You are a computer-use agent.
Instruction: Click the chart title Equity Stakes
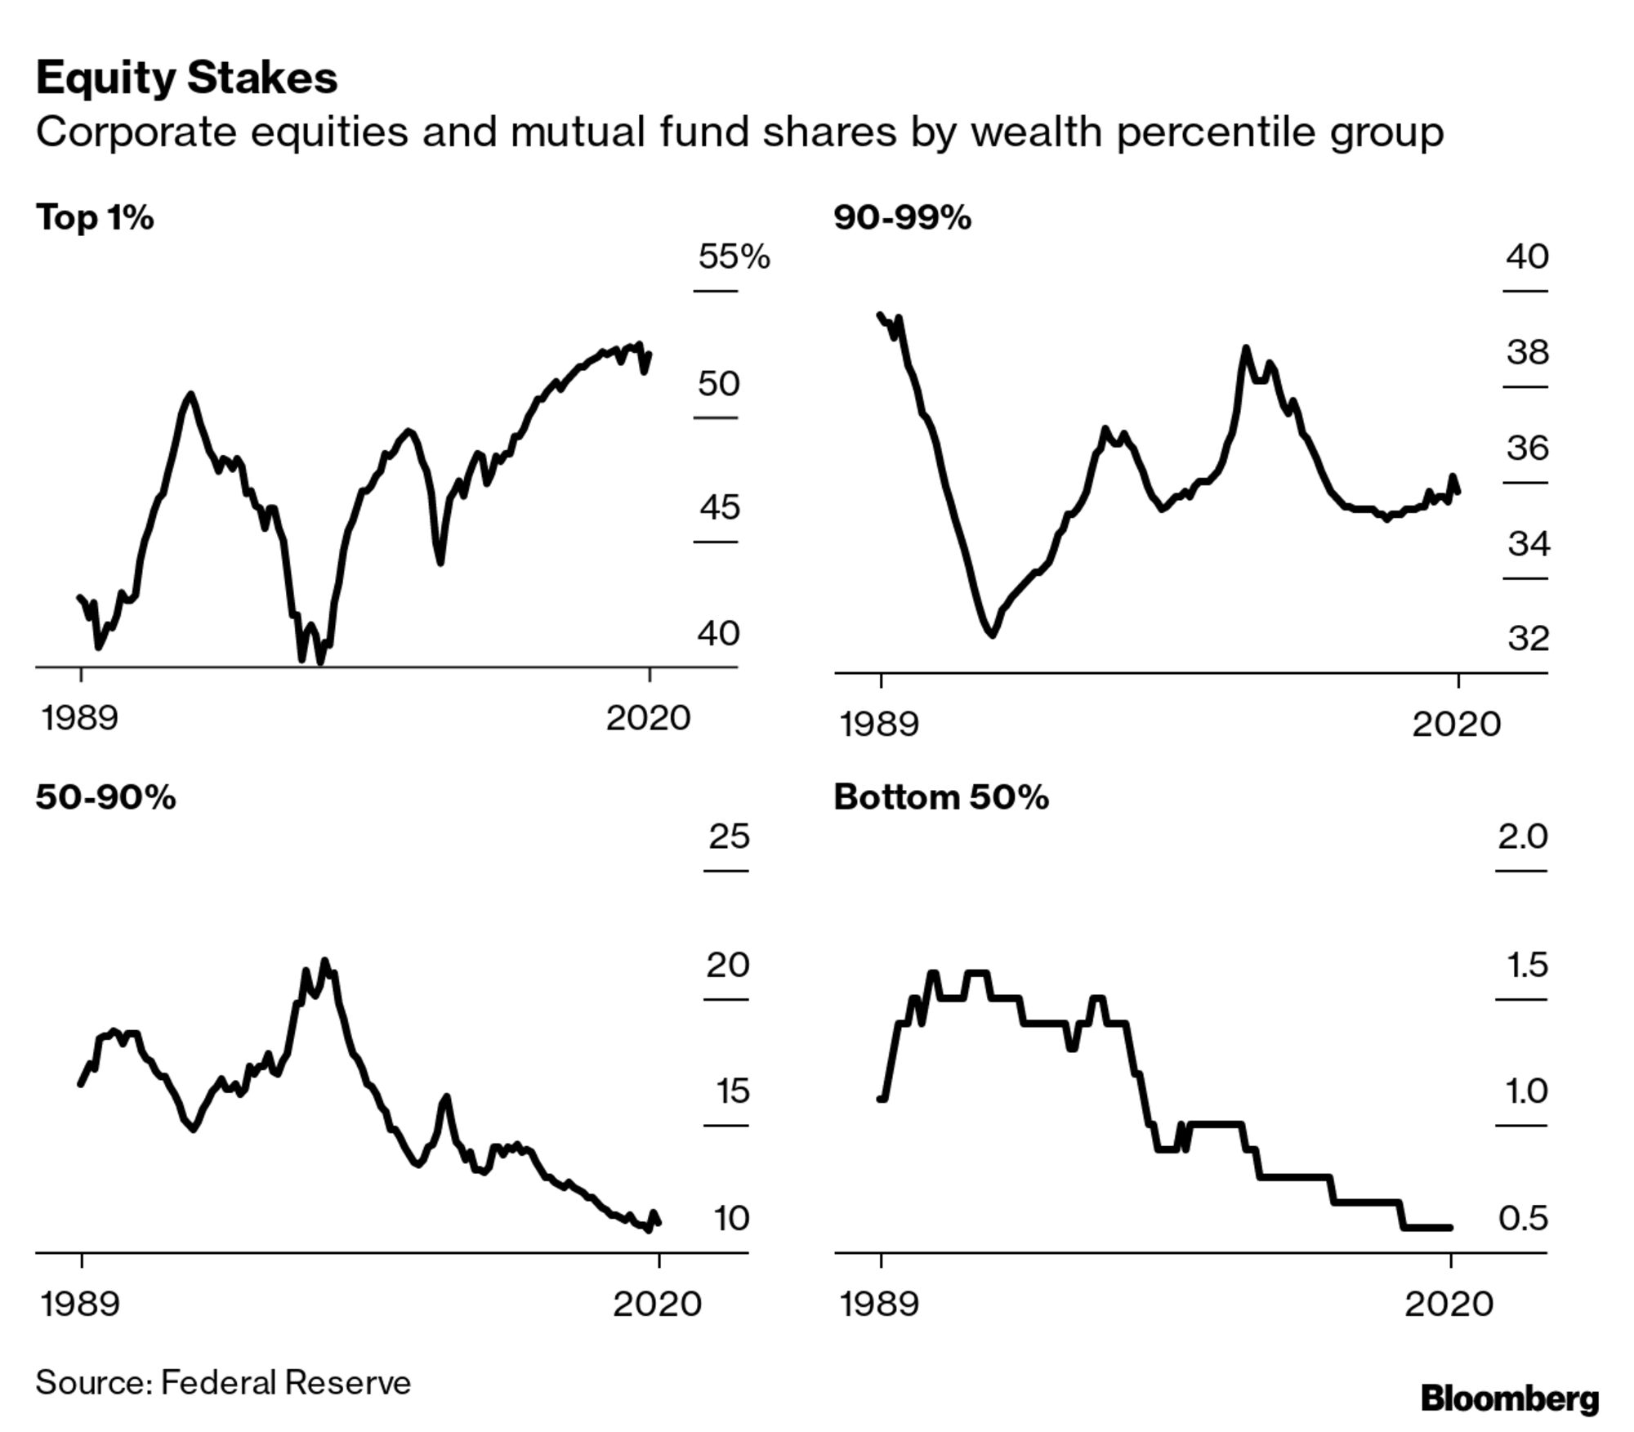(x=186, y=79)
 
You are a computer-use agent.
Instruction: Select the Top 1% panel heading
(x=95, y=218)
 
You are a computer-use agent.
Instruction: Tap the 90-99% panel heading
(x=902, y=218)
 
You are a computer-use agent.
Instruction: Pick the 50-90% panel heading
(x=105, y=797)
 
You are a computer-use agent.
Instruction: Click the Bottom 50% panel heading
(x=940, y=797)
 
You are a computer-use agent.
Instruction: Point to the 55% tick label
(x=733, y=257)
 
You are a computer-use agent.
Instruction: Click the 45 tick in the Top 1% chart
(x=718, y=508)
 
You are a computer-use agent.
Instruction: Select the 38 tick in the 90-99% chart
(x=1527, y=353)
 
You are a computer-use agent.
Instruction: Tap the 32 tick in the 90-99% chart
(x=1528, y=639)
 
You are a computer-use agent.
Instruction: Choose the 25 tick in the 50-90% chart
(x=728, y=836)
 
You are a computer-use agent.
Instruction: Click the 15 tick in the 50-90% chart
(x=732, y=1091)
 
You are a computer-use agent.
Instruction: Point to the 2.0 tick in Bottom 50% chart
(x=1522, y=836)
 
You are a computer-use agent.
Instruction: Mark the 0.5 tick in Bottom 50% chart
(x=1523, y=1219)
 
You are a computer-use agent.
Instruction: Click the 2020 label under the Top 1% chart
(x=648, y=719)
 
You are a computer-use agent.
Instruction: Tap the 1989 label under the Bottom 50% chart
(x=879, y=1304)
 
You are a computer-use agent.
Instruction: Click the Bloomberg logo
(x=1509, y=1398)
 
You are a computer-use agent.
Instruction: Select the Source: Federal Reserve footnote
(x=223, y=1383)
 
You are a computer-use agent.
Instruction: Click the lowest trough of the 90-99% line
(x=992, y=634)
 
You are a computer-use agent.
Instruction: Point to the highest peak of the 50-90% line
(x=324, y=962)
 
